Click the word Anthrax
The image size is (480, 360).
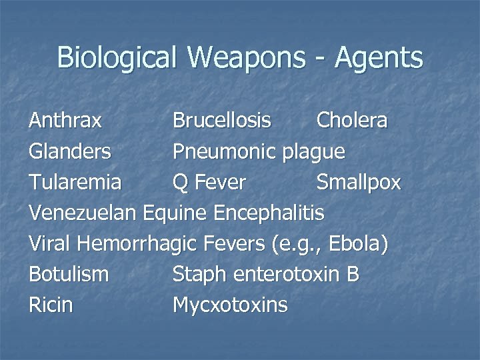pyautogui.click(x=65, y=121)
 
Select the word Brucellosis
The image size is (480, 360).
pyautogui.click(x=222, y=121)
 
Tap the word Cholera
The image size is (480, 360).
pyautogui.click(x=351, y=121)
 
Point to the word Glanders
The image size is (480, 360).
pyautogui.click(x=70, y=152)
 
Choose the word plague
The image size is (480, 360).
pyautogui.click(x=313, y=153)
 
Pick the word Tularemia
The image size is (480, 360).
pyautogui.click(x=75, y=183)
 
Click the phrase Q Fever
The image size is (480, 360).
pyautogui.click(x=209, y=183)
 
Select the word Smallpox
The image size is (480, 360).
pyautogui.click(x=359, y=183)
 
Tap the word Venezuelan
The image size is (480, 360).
pyautogui.click(x=83, y=213)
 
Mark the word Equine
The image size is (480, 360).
pyautogui.click(x=177, y=214)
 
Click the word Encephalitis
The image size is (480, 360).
pyautogui.click(x=269, y=213)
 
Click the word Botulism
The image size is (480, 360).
pyautogui.click(x=69, y=275)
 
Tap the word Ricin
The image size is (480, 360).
pyautogui.click(x=51, y=305)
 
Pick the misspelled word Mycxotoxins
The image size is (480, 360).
pyautogui.click(x=230, y=306)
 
